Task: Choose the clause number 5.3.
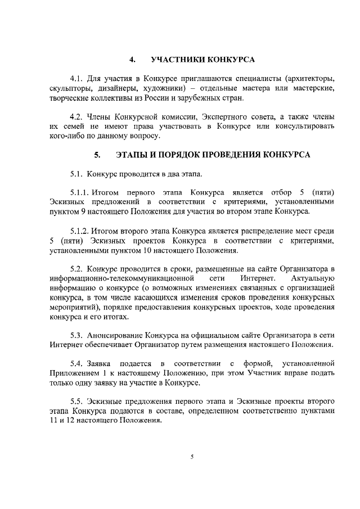coord(76,336)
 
